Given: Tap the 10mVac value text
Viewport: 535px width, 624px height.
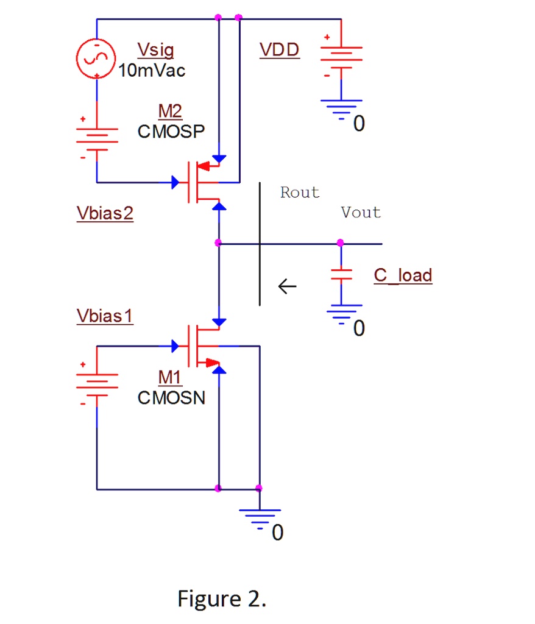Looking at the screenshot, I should click(152, 71).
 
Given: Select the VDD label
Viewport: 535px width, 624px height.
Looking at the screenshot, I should click(280, 50).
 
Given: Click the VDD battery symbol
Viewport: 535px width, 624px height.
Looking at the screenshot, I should click(341, 58).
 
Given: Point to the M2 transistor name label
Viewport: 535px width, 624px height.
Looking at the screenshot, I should click(170, 112).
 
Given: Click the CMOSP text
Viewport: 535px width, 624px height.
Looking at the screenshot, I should click(172, 132).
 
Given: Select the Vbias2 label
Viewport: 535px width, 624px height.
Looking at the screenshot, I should click(105, 214).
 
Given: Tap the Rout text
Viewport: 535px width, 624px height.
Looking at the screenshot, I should click(300, 193).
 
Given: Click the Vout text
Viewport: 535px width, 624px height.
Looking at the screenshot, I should click(361, 213).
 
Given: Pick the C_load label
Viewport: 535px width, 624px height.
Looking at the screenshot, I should click(403, 275).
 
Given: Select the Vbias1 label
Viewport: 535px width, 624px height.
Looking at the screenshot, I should click(105, 316).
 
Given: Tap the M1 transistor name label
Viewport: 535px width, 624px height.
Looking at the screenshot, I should click(170, 378).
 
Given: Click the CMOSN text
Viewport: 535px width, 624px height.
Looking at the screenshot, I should click(172, 398).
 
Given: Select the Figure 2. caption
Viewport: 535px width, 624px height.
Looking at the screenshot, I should click(222, 598).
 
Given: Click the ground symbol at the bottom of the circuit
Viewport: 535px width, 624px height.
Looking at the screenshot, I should click(260, 517).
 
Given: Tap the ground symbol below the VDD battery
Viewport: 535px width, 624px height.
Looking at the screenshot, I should click(341, 108).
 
